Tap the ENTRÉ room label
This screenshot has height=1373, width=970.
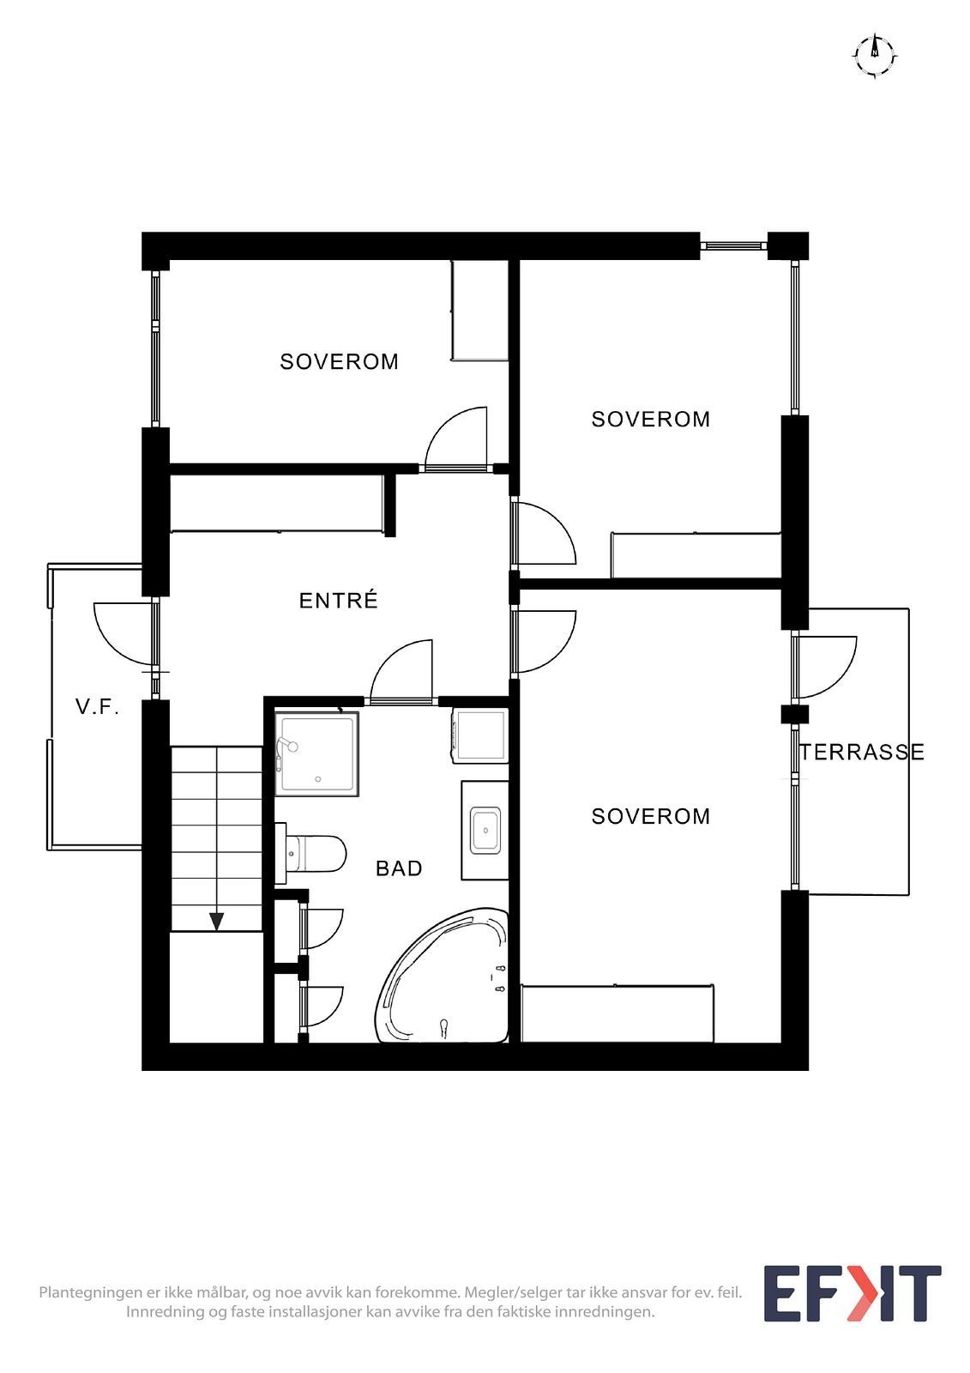(338, 601)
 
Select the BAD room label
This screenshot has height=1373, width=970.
(399, 868)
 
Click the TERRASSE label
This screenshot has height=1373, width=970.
(862, 753)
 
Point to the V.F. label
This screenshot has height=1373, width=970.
(97, 707)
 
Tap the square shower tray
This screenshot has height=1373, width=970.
(317, 753)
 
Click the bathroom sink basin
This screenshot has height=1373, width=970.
(485, 830)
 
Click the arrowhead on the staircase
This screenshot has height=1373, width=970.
(217, 922)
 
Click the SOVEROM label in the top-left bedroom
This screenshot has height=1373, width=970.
(339, 362)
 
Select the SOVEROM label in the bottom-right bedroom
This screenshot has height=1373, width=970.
(650, 816)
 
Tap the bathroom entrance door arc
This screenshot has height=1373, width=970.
(401, 671)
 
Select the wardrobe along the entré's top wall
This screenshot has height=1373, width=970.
(276, 504)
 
